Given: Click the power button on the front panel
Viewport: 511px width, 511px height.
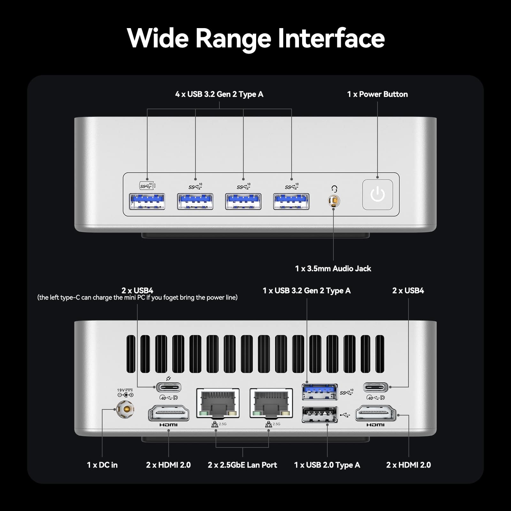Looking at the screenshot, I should pyautogui.click(x=378, y=194).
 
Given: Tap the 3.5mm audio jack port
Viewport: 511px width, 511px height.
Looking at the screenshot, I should pyautogui.click(x=334, y=201).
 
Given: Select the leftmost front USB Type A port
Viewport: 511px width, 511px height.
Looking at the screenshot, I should pyautogui.click(x=147, y=202).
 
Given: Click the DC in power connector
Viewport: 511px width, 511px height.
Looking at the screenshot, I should pyautogui.click(x=125, y=409).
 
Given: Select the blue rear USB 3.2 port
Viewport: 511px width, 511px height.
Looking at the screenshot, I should pyautogui.click(x=319, y=392).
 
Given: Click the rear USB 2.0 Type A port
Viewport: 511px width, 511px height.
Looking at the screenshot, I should pyautogui.click(x=319, y=415).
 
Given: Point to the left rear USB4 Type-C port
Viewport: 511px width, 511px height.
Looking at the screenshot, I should pyautogui.click(x=169, y=387).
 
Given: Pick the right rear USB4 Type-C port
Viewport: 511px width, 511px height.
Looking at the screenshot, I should pyautogui.click(x=376, y=387).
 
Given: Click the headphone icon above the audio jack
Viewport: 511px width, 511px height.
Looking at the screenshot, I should pyautogui.click(x=334, y=189).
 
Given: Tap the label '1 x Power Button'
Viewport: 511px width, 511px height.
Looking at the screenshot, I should pyautogui.click(x=377, y=94).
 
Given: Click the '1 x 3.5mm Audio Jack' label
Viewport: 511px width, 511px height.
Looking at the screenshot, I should pyautogui.click(x=333, y=269).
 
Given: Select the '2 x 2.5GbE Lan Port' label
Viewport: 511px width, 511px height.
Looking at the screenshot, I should pyautogui.click(x=242, y=465).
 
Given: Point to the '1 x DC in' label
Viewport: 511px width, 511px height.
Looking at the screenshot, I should pyautogui.click(x=102, y=465).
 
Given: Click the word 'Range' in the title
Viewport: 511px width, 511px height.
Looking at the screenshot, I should pyautogui.click(x=233, y=38).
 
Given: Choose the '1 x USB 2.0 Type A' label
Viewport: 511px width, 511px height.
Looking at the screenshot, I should pyautogui.click(x=327, y=465).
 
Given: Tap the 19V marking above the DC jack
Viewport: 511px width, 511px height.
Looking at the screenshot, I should pyautogui.click(x=121, y=390).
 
